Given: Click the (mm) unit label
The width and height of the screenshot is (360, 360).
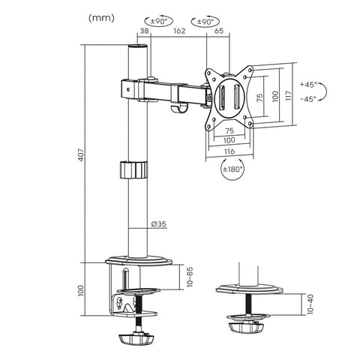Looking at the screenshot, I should pos(102,17).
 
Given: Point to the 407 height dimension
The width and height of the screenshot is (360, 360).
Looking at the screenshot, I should pos(83,154).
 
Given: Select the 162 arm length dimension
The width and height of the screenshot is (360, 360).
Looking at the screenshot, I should pos(178,32).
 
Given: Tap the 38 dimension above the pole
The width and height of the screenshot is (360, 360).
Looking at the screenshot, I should pos(143,32).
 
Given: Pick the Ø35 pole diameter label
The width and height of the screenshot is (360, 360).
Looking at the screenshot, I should pos(158,223).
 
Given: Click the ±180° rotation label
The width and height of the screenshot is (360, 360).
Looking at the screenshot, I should pos(231,170).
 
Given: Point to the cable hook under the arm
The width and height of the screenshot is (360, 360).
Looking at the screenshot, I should pos(178,111).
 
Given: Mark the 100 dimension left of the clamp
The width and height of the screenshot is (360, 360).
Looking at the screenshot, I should pos(83,292).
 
